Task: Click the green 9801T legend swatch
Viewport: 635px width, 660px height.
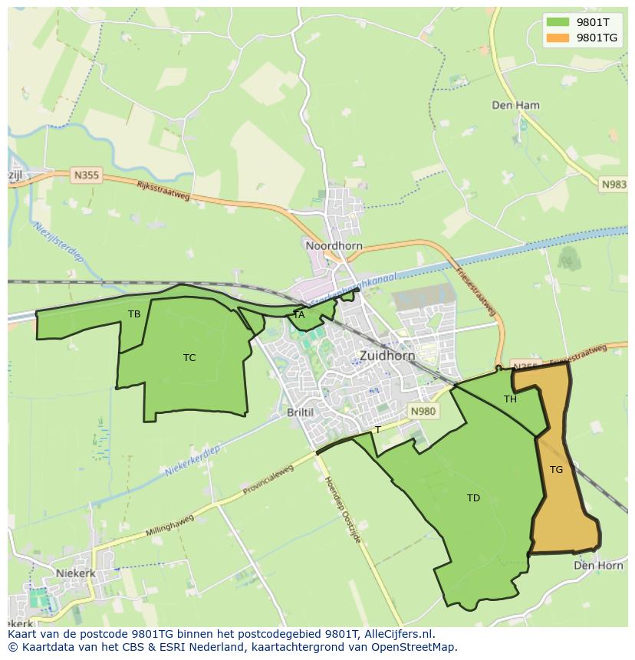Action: pos(558,22)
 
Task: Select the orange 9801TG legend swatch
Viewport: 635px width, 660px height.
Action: pos(558,38)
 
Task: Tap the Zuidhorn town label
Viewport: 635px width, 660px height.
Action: pos(387,356)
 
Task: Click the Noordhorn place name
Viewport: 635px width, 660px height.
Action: pos(334,246)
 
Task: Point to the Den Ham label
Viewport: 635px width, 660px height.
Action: pos(515,105)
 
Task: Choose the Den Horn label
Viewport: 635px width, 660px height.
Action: pos(598,565)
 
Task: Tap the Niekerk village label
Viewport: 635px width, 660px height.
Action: pos(75,573)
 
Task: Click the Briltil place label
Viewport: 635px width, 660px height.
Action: pos(300,412)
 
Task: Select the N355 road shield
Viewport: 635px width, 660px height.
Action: pos(86,176)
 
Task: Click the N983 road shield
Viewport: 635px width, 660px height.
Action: pos(614,184)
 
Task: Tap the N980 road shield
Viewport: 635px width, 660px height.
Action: pos(423,412)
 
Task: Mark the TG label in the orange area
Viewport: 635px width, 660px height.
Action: pos(556,470)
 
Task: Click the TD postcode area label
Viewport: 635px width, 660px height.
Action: pos(473,498)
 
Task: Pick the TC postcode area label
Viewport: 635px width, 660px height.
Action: pos(189,358)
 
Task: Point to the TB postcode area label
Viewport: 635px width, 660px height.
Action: pos(134,314)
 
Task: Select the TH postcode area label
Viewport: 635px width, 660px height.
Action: pos(510,399)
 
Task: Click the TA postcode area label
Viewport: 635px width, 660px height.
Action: pos(299,315)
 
